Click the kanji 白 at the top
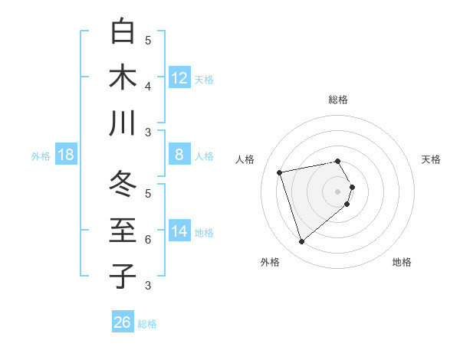tap(123, 31)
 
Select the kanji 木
tap(123, 77)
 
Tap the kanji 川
tap(123, 123)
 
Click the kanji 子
tap(123, 276)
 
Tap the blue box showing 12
tap(179, 77)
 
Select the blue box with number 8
tap(179, 155)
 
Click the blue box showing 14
tap(179, 231)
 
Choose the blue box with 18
tap(66, 155)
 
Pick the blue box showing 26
tap(123, 322)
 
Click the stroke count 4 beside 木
tap(148, 86)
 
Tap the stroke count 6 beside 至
tap(148, 239)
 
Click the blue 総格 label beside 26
tap(147, 324)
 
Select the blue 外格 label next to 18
tap(41, 156)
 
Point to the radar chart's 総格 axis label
tap(337, 100)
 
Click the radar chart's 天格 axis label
tap(431, 159)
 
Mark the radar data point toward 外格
tap(302, 242)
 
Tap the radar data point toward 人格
tap(280, 172)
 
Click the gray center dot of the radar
tap(337, 191)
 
